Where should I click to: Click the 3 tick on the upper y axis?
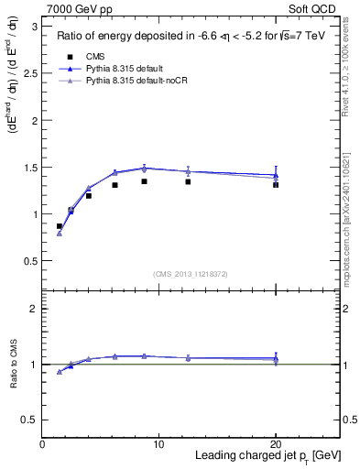tap(35, 27)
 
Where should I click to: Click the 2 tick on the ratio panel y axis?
tap(35, 309)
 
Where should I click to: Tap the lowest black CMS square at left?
tap(60, 226)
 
